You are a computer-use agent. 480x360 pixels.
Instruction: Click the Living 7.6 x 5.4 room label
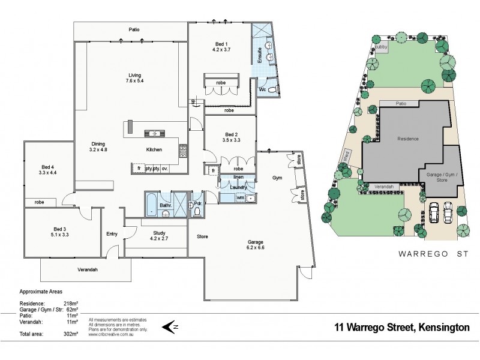tap(134, 78)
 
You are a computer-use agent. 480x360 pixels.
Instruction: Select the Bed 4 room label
tap(48, 170)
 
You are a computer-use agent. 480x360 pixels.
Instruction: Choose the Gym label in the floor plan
tap(277, 178)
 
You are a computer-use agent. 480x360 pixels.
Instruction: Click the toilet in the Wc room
tap(272, 90)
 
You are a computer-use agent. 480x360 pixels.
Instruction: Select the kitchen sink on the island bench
tap(152, 133)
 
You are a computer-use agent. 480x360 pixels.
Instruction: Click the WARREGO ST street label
tap(424, 254)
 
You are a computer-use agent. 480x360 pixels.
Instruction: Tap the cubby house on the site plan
tap(382, 46)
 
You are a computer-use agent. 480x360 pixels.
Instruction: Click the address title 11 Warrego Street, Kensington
tap(402, 328)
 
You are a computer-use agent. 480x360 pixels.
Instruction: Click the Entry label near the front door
tap(112, 234)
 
